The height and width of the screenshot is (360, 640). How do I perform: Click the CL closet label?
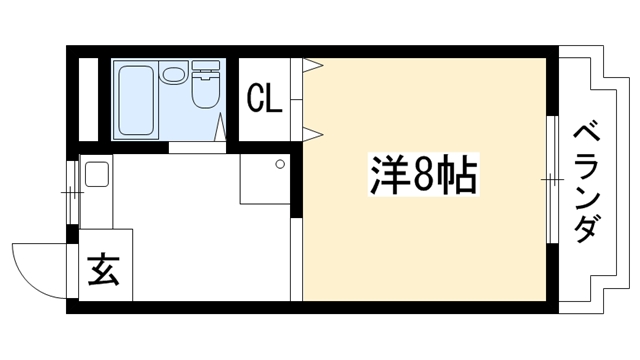(265, 98)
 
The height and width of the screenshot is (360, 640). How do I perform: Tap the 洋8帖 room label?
(424, 174)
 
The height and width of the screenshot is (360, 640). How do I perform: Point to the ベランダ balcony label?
(587, 184)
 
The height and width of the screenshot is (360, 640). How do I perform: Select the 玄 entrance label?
(104, 270)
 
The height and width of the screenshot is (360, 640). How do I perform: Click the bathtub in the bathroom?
(136, 100)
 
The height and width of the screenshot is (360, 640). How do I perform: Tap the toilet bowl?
(206, 91)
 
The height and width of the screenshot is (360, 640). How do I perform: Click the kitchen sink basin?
(97, 174)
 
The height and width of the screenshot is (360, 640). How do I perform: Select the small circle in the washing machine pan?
(280, 164)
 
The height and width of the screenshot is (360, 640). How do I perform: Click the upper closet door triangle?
(313, 65)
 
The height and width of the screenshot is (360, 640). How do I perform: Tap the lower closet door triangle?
(313, 135)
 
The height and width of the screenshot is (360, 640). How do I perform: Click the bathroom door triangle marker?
(220, 127)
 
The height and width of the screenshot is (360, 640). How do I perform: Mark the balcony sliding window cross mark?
(552, 180)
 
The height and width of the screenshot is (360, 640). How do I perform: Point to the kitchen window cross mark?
(72, 192)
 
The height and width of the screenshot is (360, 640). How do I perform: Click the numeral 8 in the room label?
(423, 175)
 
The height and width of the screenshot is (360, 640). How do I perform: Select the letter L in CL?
(274, 98)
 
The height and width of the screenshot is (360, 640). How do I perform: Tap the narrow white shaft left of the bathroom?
(88, 100)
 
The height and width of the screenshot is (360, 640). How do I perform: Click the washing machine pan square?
(264, 179)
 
